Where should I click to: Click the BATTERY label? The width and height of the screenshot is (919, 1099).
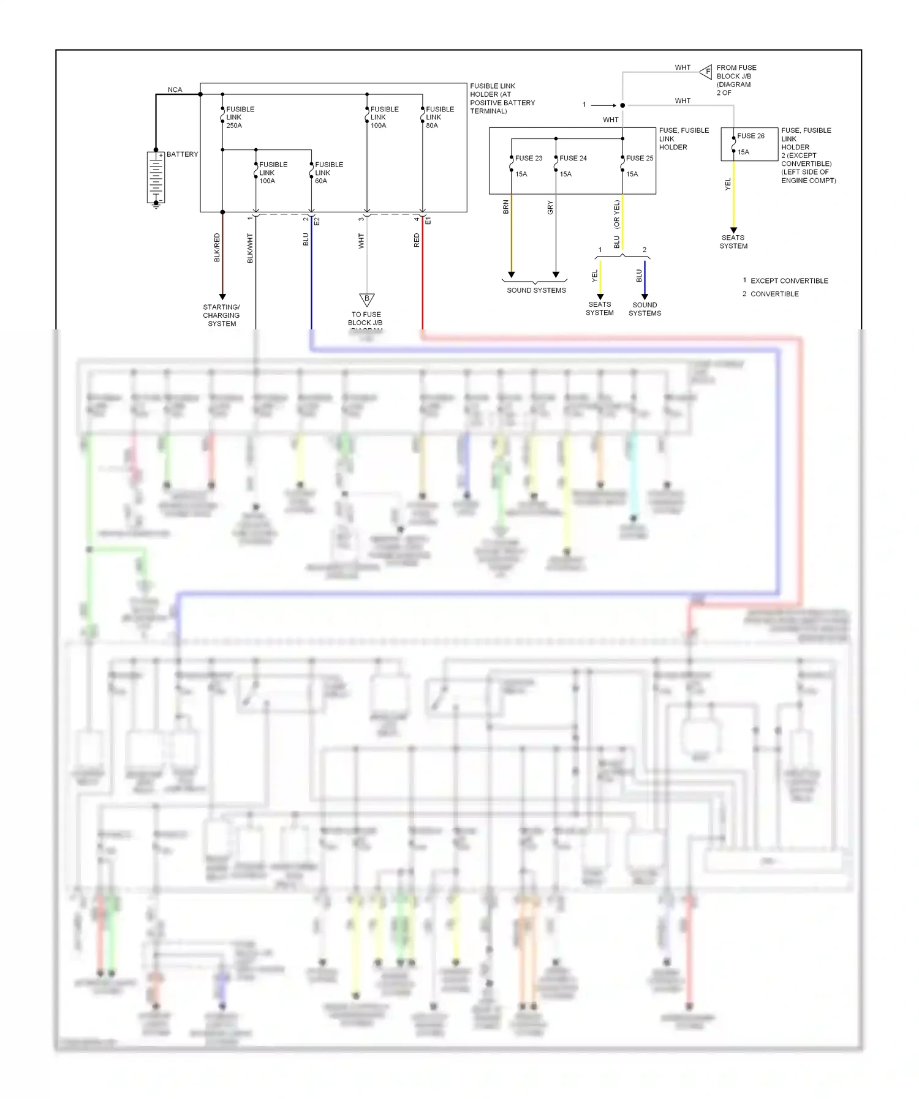182,154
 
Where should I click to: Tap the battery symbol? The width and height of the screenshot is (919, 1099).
156,178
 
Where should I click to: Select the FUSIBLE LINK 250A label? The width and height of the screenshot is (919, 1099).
240,117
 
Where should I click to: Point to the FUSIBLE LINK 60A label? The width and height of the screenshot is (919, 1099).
328,173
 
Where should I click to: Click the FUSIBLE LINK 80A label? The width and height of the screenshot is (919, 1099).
439,117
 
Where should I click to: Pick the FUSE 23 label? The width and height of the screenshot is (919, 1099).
528,158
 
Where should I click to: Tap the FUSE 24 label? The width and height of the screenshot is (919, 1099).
573,158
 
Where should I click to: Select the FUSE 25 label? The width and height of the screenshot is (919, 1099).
639,158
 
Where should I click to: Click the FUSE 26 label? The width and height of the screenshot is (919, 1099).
751,136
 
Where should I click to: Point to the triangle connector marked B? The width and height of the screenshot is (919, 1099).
366,299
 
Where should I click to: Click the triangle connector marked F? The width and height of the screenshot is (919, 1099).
706,72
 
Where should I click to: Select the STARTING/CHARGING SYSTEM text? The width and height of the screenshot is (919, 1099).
222,315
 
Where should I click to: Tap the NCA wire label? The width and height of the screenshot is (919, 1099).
175,89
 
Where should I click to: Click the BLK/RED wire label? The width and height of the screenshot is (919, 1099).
217,247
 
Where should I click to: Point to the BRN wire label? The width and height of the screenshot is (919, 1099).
506,207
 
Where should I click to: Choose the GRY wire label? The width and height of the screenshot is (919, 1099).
550,207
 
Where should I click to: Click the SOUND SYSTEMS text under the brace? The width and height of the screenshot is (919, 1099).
536,290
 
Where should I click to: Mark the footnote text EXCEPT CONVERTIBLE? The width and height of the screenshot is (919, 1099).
789,280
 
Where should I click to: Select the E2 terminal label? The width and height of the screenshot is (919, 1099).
317,221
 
